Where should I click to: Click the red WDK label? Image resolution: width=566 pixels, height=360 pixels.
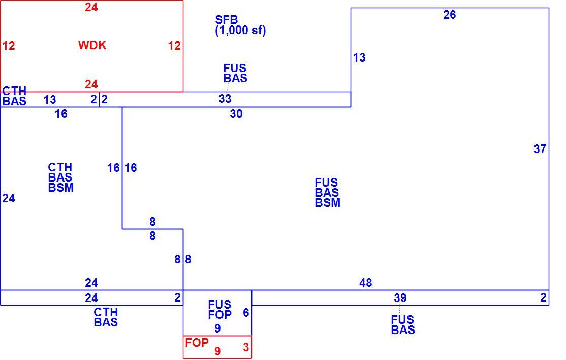[x=92, y=45]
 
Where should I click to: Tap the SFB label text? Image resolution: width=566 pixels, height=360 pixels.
[x=226, y=19]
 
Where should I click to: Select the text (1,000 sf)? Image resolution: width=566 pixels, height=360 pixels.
[x=240, y=31]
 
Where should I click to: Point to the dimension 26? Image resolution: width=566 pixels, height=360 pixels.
[x=450, y=15]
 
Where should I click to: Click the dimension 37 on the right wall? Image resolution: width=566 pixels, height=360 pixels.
[x=540, y=149]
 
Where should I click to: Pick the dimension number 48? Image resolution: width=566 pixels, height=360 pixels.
[x=366, y=282]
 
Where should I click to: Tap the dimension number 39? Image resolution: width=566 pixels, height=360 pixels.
[x=400, y=298]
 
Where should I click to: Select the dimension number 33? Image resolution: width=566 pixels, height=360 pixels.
[x=225, y=98]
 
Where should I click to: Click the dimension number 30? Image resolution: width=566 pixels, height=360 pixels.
[x=236, y=114]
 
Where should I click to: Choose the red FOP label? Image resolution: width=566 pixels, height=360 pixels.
[x=197, y=342]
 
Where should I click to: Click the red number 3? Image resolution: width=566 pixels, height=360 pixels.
[x=246, y=347]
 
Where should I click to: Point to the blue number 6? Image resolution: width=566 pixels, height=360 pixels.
[x=246, y=313]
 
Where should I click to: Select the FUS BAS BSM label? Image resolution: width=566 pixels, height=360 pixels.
[x=327, y=192]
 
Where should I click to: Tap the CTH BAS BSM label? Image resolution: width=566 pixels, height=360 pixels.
[x=60, y=177]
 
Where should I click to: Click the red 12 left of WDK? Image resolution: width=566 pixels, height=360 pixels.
[x=9, y=46]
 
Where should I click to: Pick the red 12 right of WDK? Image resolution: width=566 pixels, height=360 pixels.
[x=174, y=46]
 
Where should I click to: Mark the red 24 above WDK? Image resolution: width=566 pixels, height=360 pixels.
[x=91, y=7]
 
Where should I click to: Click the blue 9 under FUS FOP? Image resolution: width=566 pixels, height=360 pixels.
[x=217, y=328]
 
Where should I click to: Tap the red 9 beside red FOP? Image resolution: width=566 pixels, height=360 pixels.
[x=217, y=351]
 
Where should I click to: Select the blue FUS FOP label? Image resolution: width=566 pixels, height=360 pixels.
[x=220, y=310]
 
